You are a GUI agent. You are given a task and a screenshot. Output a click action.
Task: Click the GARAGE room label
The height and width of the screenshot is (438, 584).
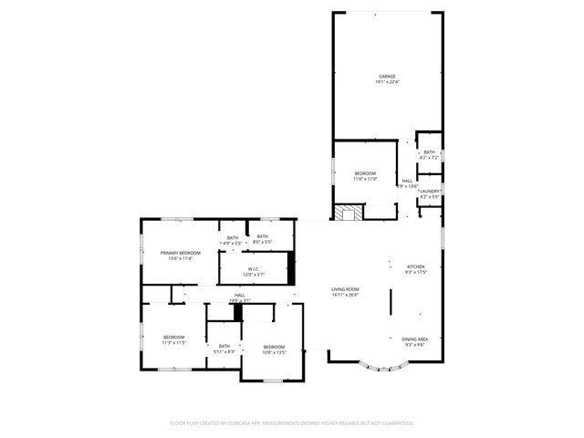(387, 76)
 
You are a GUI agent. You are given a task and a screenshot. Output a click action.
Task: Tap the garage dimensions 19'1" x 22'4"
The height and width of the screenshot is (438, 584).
(387, 82)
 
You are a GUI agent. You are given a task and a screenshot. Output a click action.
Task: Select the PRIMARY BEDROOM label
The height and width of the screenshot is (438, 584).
(180, 252)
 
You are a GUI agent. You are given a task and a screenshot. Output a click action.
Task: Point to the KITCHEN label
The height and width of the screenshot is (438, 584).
(416, 266)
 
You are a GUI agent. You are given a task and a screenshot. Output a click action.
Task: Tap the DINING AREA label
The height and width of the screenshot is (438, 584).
(416, 339)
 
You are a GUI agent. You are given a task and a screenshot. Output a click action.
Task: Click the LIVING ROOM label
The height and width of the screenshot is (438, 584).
(345, 289)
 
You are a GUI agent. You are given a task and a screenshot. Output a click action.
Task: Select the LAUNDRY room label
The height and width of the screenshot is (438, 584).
(429, 191)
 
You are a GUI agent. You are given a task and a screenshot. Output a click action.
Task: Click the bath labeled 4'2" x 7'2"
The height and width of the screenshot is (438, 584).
(429, 155)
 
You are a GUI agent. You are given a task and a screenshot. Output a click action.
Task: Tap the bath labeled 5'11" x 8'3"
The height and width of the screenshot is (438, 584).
(224, 349)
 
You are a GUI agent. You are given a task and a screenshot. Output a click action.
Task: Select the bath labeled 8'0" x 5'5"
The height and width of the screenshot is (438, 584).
(263, 239)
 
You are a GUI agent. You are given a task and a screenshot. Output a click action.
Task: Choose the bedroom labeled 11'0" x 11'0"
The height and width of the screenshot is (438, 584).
(365, 175)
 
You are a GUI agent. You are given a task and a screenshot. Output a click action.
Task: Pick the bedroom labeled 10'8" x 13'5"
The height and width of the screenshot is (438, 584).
(275, 349)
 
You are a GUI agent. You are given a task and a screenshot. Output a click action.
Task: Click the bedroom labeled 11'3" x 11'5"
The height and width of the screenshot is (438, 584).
(173, 340)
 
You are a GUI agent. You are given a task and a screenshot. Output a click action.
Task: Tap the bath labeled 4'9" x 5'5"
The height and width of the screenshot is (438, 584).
(232, 241)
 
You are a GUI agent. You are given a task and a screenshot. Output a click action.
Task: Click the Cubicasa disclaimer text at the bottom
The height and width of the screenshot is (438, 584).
(292, 423)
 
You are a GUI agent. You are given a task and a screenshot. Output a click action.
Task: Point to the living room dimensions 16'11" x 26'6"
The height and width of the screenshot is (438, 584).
(345, 296)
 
